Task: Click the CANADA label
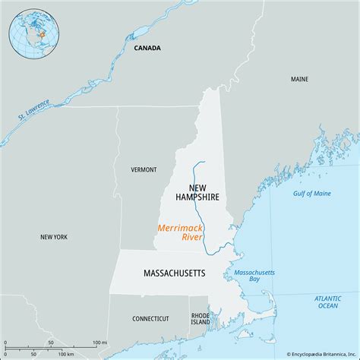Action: pyautogui.click(x=147, y=48)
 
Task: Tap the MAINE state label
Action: pyautogui.click(x=299, y=79)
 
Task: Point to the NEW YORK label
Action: pyautogui.click(x=53, y=237)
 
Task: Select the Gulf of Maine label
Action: pyautogui.click(x=312, y=194)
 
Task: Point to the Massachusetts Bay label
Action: pyautogui.click(x=254, y=276)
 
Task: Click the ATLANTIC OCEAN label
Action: pyautogui.click(x=328, y=302)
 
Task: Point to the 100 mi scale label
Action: pyautogui.click(x=99, y=344)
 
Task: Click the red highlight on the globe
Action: pyautogui.click(x=43, y=33)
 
